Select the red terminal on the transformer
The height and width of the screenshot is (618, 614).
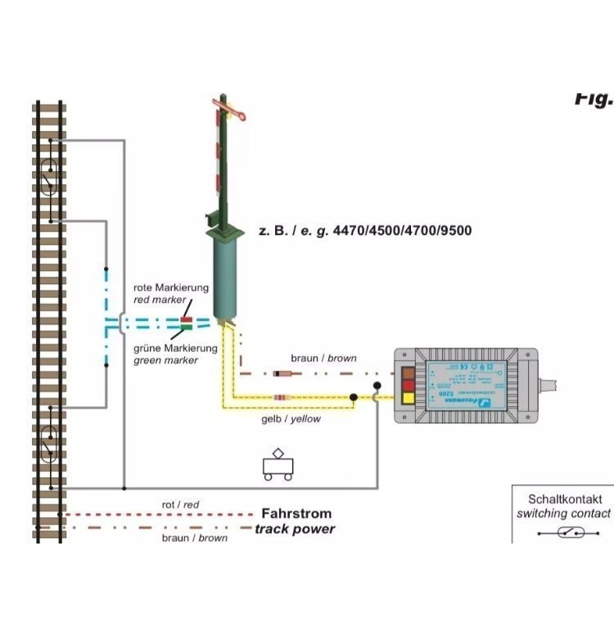[x=408, y=386]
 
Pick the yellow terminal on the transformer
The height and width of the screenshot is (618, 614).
[x=408, y=399]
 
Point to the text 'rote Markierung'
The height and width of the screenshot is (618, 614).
[x=171, y=288]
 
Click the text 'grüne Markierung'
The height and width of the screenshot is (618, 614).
[x=175, y=348]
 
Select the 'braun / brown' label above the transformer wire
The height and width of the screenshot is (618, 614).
[x=323, y=359]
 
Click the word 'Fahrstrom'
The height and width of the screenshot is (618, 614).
[x=296, y=514]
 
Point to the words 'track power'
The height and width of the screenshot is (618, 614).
[x=295, y=529]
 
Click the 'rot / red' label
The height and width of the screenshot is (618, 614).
[x=180, y=505]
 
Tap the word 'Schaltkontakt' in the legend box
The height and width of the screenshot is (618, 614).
[x=564, y=498]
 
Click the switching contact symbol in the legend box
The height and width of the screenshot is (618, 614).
[x=563, y=532]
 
